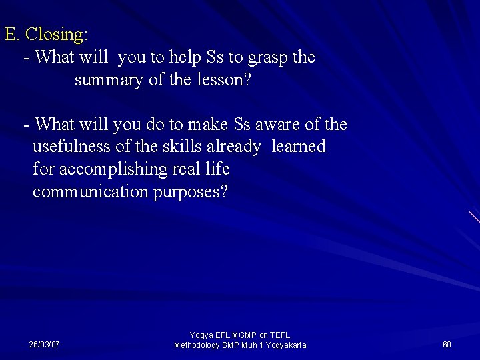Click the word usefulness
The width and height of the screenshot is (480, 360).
[x=75, y=147]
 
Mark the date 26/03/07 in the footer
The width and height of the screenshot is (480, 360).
[x=44, y=345]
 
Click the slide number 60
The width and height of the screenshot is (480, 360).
[x=447, y=345]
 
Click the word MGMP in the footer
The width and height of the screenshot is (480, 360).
[x=243, y=335]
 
